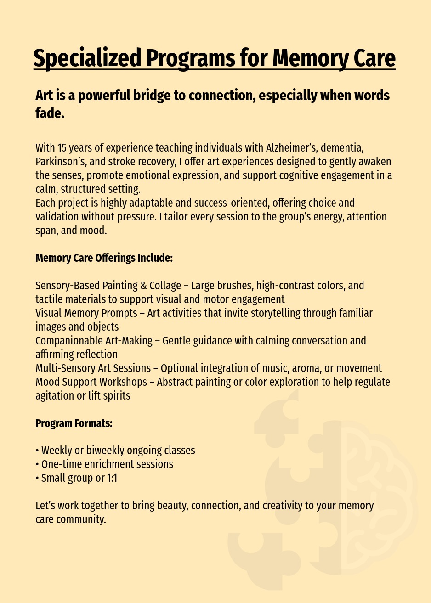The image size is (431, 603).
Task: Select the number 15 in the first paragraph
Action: click(62, 148)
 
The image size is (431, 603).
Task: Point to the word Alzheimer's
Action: click(291, 148)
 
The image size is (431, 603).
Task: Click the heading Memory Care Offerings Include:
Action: click(104, 258)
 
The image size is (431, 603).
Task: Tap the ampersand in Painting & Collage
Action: click(144, 286)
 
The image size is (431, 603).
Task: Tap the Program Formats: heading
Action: click(74, 423)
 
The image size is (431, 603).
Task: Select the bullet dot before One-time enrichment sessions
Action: click(37, 464)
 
